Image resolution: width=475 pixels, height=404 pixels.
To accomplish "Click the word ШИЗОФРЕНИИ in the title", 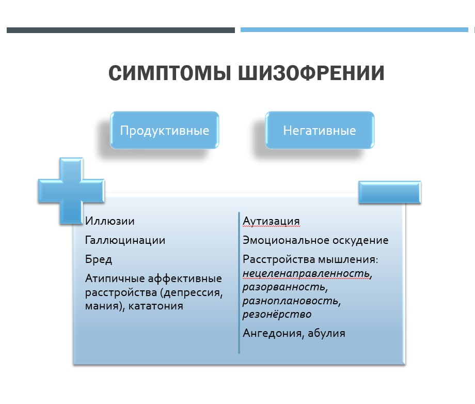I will click(311, 73).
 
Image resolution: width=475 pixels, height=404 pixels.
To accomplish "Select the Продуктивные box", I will click(164, 130).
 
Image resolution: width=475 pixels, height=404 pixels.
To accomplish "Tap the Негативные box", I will click(319, 130).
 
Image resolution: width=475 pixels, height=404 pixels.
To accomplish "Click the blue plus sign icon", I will click(71, 190).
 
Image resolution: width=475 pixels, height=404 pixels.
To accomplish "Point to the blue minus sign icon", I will click(390, 192).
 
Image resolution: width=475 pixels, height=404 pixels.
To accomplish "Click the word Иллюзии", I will click(110, 221).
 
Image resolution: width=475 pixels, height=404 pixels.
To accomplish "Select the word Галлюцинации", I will click(125, 240).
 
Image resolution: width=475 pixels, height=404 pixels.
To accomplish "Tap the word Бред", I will click(99, 259).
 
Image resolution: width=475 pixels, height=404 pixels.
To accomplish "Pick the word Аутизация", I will click(271, 221).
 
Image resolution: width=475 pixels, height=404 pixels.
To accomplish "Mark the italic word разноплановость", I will click(291, 300).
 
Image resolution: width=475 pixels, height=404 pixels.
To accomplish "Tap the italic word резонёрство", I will click(277, 314).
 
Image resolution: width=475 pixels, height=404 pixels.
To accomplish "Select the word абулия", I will click(326, 333).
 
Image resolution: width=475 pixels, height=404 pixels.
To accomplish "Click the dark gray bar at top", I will click(120, 30).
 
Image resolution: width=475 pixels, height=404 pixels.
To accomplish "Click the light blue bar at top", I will click(354, 30).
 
